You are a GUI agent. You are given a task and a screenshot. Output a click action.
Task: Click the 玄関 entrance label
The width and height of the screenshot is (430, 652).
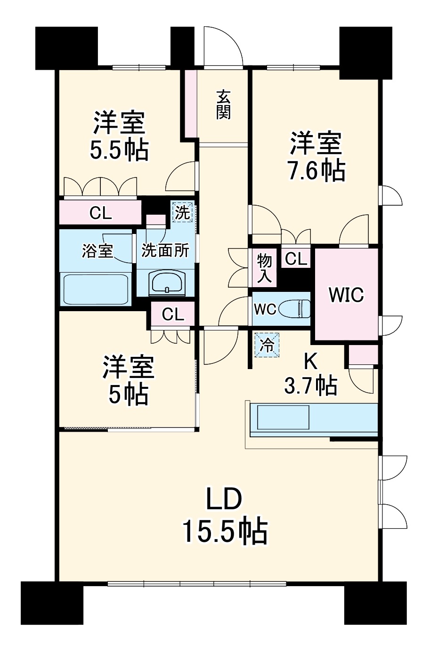tap(223, 105)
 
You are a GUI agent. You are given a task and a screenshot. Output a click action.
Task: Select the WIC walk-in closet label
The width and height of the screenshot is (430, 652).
tap(346, 295)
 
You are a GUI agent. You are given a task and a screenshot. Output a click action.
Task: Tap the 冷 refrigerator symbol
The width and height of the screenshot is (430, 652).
tap(267, 345)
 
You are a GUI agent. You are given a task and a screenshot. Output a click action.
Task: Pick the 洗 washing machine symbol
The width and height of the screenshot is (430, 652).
tap(182, 213)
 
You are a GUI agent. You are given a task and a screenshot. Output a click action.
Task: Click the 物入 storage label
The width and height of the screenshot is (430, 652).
tap(264, 268)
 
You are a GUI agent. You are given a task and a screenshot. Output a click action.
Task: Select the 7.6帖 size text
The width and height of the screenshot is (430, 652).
tap(316, 170)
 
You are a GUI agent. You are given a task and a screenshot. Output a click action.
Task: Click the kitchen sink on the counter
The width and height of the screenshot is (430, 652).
tap(283, 417)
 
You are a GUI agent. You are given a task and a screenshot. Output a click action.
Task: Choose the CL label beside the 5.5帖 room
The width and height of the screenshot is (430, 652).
tap(101, 213)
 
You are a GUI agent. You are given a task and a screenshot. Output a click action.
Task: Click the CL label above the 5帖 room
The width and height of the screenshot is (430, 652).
tap(173, 314)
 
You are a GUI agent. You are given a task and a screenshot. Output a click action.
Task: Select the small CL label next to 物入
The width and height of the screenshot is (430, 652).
tap(296, 258)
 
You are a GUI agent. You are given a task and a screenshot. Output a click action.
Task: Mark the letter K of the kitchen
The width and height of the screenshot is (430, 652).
tap(311, 362)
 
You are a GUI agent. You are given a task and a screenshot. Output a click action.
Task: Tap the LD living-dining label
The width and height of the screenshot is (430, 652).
tap(224, 499)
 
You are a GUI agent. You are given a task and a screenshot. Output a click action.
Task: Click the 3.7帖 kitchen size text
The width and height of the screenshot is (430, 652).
tap(311, 386)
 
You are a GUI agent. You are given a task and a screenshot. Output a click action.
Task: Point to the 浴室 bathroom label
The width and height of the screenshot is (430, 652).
tap(97, 250)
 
